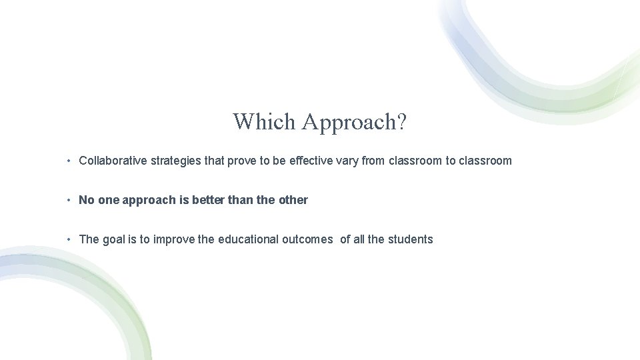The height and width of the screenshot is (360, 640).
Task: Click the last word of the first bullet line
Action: tap(485, 161)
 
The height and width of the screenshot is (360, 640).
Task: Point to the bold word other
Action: tap(293, 200)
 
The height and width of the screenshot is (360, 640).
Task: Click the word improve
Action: tap(174, 239)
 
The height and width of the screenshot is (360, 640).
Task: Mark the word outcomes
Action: tap(309, 239)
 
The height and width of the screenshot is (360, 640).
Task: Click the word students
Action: tap(411, 239)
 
